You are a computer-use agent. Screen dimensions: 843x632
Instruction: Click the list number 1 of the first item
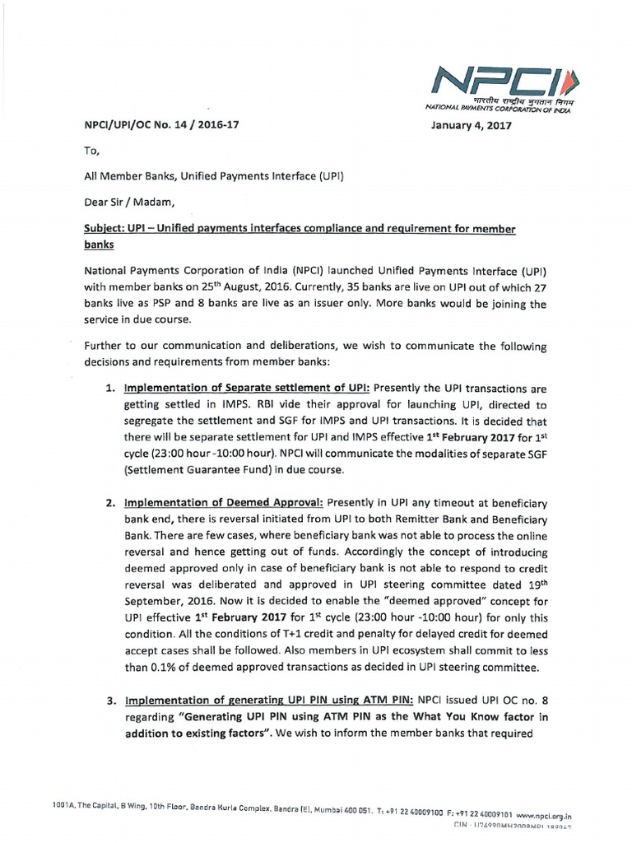coord(108,387)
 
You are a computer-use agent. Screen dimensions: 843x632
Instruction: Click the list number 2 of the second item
coord(108,502)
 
